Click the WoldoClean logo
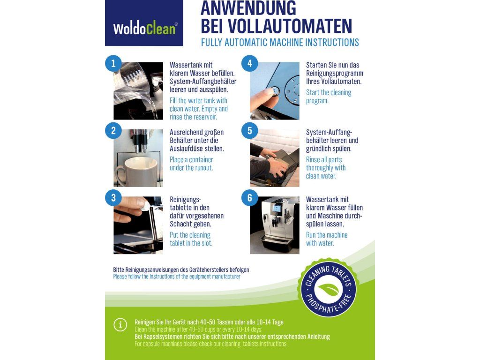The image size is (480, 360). click(144, 23)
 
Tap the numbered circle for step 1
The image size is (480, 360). click(113, 63)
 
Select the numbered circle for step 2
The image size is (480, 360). click(113, 131)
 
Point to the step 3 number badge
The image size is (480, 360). click(113, 198)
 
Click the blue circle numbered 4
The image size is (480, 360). click(249, 63)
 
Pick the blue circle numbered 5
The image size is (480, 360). click(249, 131)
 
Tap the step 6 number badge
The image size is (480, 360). click(249, 198)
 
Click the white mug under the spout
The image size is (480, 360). click(137, 172)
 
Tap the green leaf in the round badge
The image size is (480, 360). click(329, 289)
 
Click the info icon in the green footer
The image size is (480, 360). click(120, 325)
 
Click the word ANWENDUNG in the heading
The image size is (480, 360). click(248, 8)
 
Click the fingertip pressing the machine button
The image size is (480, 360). click(270, 91)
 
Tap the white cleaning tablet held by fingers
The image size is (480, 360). click(145, 205)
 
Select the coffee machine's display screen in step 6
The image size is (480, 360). click(277, 209)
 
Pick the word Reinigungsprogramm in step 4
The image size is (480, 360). click(335, 74)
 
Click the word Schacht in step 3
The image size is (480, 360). click(180, 224)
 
